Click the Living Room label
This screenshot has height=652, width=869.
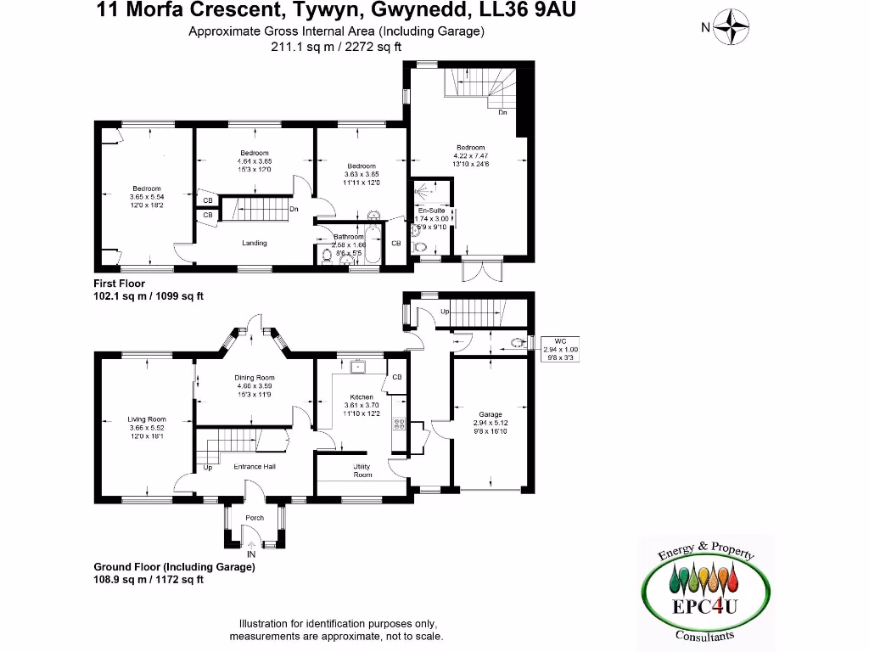point(146,419)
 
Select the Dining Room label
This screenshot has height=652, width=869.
point(255,378)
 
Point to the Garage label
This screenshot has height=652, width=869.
point(491,414)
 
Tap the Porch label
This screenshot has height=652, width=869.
point(255,518)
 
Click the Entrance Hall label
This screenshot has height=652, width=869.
point(255,466)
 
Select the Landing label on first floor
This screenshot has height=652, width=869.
point(255,243)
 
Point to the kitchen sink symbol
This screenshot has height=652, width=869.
point(359,367)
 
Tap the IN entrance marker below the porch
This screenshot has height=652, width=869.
point(251,554)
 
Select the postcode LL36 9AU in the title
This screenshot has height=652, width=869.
point(534,11)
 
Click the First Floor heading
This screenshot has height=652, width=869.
point(120,284)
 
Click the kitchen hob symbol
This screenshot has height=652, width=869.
point(398,424)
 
